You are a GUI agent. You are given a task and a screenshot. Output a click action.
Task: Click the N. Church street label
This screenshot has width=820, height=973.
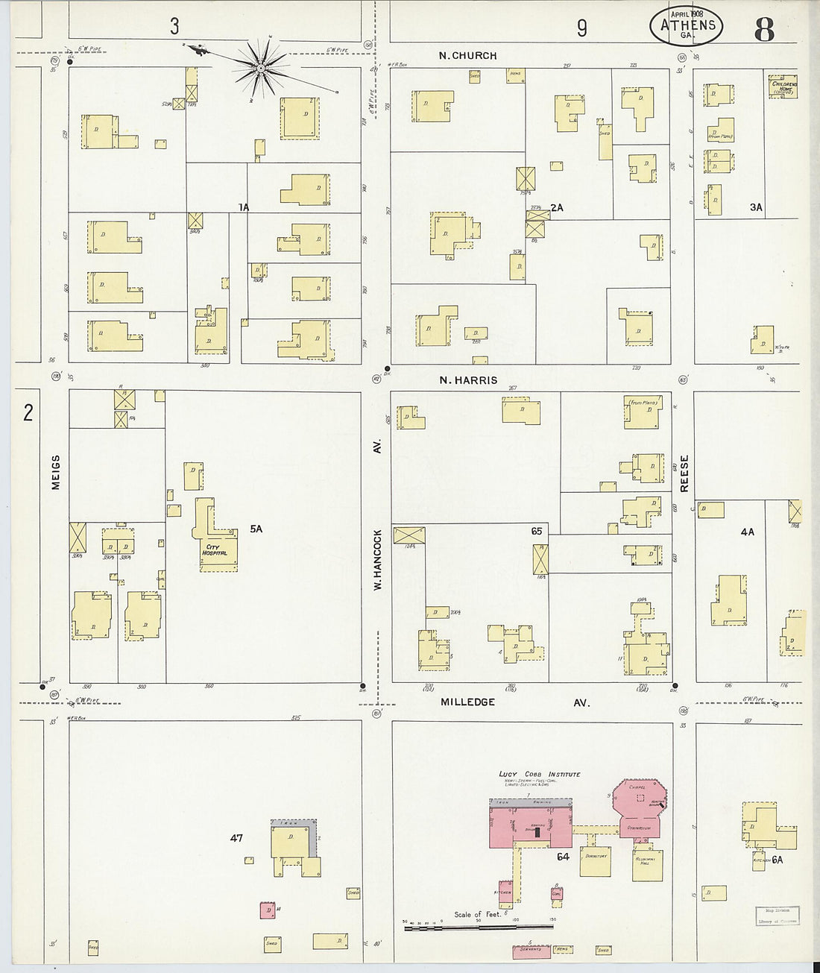coord(468,55)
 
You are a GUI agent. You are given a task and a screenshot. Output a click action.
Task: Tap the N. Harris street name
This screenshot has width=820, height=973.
coord(468,380)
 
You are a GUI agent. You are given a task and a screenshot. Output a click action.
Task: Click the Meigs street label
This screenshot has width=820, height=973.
coord(55,473)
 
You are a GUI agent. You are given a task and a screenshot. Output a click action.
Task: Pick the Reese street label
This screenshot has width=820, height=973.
coord(684,473)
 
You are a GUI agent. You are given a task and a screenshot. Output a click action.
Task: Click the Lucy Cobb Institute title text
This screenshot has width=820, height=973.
coord(540,775)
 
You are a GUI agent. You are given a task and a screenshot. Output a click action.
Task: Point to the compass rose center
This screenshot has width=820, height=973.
coord(261,69)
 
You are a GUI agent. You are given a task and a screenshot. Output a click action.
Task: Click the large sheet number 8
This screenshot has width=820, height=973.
coord(764,29)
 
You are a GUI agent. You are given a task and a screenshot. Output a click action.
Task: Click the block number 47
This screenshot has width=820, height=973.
coord(236,839)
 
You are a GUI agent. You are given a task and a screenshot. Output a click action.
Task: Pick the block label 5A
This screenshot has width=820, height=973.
coord(256,529)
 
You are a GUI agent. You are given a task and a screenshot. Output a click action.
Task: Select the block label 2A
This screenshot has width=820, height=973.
coord(556,207)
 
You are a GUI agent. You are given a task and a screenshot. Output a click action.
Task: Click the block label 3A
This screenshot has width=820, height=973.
coord(757,207)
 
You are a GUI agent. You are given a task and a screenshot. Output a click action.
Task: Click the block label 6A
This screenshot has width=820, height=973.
coord(777,860)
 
